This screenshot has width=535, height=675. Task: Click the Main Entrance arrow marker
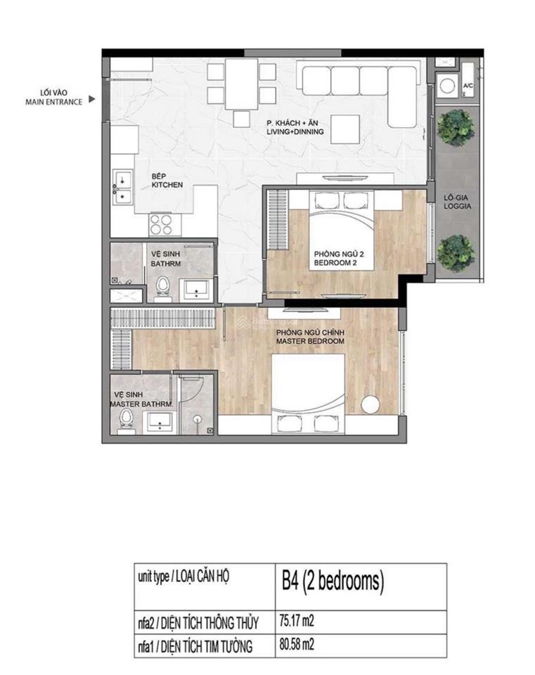click(91, 101)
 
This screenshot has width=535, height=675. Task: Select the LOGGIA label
click(457, 202)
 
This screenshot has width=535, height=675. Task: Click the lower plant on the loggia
click(455, 252)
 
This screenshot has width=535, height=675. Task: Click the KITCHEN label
click(168, 181)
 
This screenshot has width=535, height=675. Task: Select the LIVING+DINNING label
click(295, 127)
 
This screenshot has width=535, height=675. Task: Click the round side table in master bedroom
click(370, 404)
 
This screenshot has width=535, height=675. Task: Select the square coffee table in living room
click(346, 130)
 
